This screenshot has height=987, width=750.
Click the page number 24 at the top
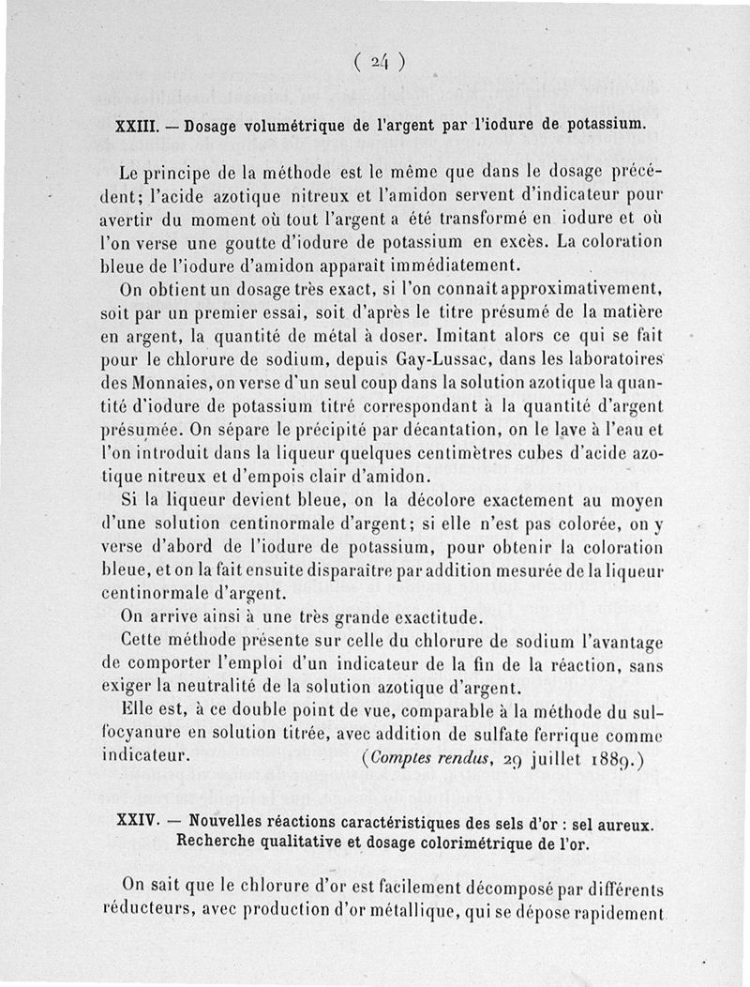click(379, 62)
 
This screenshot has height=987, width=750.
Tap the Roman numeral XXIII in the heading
click(134, 124)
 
